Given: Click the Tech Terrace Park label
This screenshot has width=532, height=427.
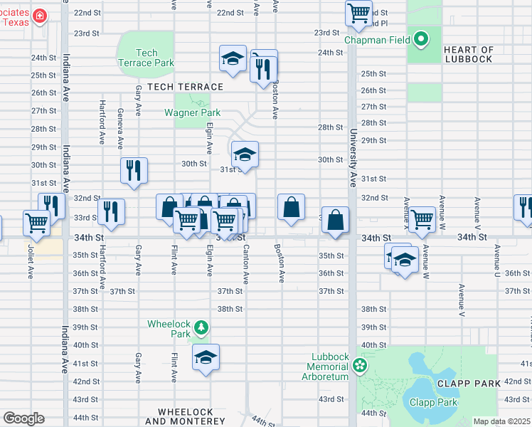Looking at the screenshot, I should [x=146, y=58].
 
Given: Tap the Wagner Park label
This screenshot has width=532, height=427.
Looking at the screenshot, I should [x=192, y=112].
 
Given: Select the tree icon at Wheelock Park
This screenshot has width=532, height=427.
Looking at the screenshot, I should [x=203, y=327].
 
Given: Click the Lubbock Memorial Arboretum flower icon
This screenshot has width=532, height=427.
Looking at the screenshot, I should [x=360, y=365].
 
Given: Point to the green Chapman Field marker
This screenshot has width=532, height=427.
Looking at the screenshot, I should [x=421, y=40].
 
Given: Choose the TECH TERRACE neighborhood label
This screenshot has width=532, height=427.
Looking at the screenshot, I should [x=185, y=87].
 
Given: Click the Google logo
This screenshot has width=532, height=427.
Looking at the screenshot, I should [x=23, y=418].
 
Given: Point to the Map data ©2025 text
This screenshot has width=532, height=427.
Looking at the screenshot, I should [x=501, y=421].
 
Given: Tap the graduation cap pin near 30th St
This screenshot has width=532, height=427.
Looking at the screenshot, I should [x=244, y=154].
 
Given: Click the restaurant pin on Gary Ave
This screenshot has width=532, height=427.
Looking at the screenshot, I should [x=134, y=170].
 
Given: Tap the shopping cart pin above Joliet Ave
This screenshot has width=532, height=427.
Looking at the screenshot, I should [x=37, y=222].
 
